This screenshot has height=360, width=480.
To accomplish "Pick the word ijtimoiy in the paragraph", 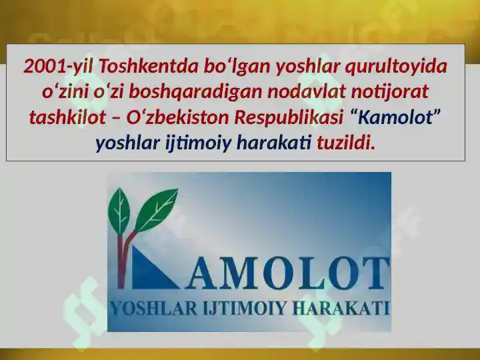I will pyautogui.click(x=199, y=142).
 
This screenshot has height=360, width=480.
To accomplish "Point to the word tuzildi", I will pyautogui.click(x=345, y=142).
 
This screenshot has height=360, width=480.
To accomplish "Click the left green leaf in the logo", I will pyautogui.click(x=121, y=207).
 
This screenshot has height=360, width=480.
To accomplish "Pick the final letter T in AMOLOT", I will pyautogui.click(x=375, y=273).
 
